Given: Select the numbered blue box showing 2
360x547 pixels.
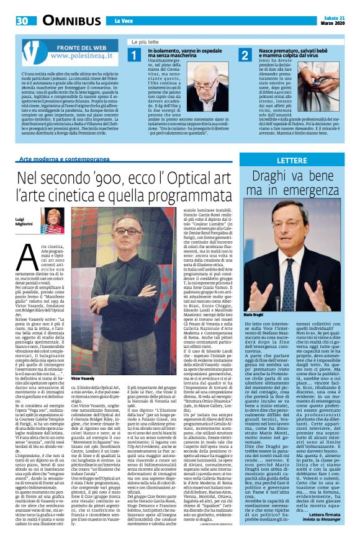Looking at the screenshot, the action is (x=245, y=56).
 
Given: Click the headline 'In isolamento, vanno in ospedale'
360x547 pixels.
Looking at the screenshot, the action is (x=184, y=52).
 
